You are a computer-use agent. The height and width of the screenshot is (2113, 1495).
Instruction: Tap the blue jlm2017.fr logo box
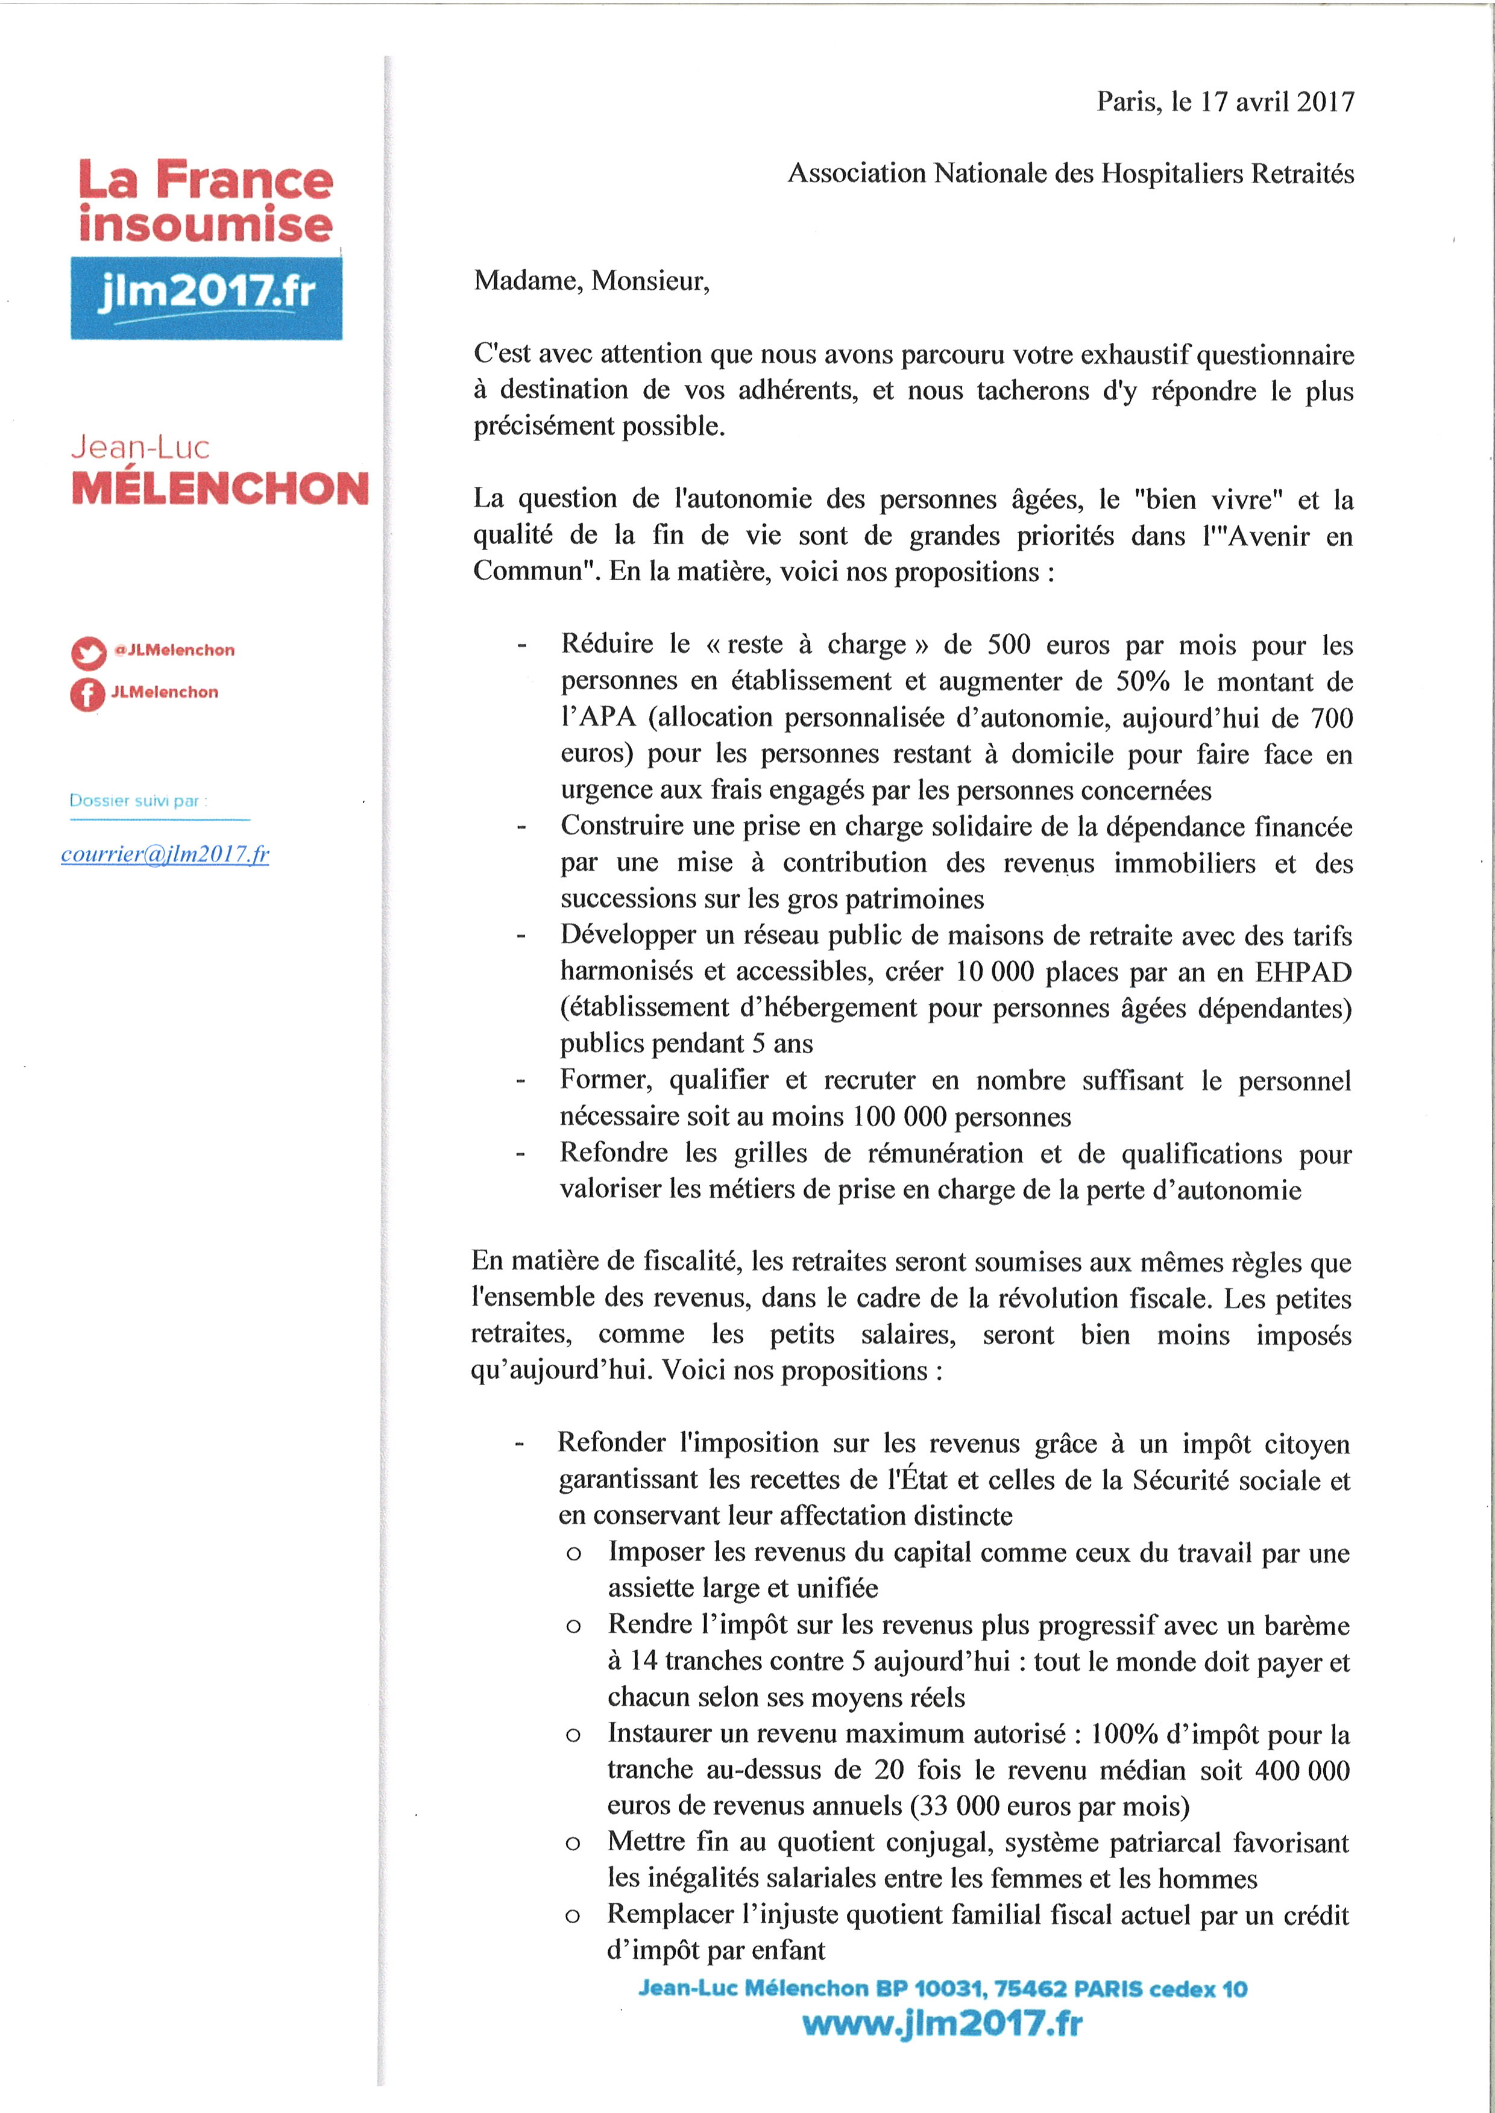pos(206,297)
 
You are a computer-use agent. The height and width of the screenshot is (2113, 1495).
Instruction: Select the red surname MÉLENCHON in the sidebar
pos(220,489)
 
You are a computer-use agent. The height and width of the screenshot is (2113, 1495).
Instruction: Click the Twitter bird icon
pos(89,653)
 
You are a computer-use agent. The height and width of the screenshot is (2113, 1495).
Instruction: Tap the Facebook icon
pos(87,694)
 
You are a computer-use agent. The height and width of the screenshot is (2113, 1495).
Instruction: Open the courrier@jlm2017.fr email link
pos(165,855)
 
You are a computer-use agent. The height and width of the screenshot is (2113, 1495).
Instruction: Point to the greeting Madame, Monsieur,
pos(591,281)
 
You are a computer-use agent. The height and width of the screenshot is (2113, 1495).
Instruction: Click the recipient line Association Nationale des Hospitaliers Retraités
pos(1071,174)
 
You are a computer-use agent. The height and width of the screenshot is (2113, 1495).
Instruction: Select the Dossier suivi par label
pos(138,801)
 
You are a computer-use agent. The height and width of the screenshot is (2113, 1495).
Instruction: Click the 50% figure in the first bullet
pos(1142,681)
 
